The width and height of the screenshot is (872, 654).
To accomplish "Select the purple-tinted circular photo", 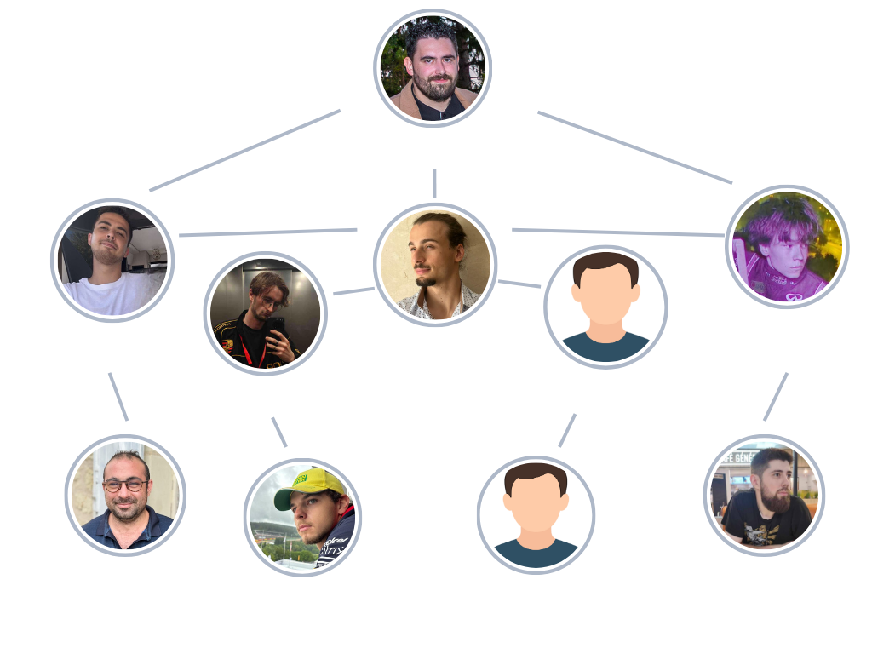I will point(788,247).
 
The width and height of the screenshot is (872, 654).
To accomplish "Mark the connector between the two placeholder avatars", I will point(569,429).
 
